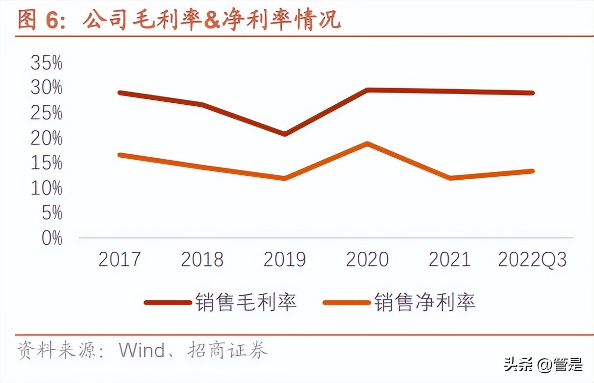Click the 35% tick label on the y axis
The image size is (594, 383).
pos(47,63)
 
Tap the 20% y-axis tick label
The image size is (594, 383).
pos(47,138)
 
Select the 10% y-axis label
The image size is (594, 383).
pos(47,188)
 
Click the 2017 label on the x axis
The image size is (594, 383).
pos(120,260)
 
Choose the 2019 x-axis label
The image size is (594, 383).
pos(285,260)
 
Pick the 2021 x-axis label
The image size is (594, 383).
pos(450,260)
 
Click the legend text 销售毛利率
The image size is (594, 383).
pos(246,302)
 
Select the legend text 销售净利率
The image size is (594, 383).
pos(425,302)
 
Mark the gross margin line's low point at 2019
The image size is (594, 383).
pos(285,134)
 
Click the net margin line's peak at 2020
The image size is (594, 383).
pos(367,144)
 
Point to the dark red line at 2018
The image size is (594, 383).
pos(202,104)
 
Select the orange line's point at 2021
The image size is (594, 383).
pos(450,178)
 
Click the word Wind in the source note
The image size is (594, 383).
pos(142,351)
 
